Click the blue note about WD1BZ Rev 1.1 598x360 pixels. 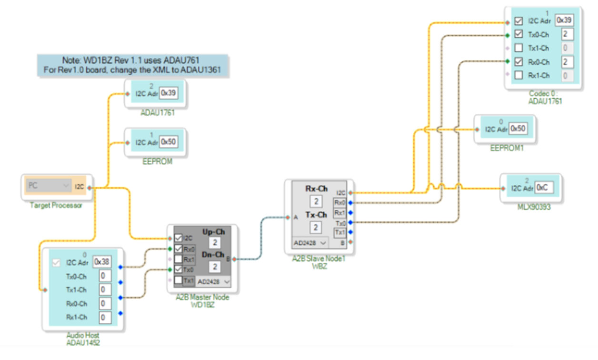133,65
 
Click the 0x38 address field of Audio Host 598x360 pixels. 101,261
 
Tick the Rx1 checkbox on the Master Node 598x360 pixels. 178,260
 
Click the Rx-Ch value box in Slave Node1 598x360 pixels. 315,201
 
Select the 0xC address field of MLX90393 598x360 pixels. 544,188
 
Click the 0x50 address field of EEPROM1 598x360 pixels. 518,129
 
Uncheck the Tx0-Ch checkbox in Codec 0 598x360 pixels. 518,34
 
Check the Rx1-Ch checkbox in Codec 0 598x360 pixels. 518,75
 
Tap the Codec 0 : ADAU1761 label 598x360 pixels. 545,98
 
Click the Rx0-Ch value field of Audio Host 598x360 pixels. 105,303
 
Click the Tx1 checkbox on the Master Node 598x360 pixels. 178,280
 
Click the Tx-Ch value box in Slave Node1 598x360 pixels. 315,228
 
